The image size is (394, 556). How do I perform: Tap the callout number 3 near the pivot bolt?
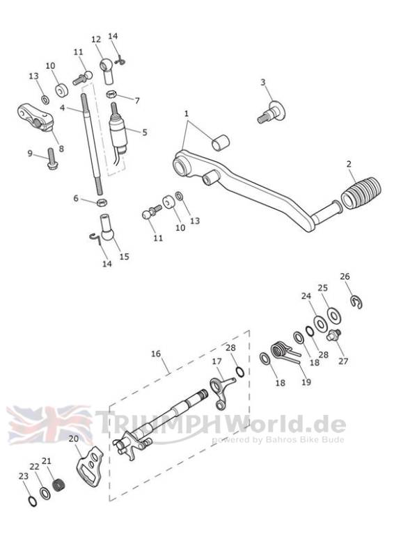point(262,82)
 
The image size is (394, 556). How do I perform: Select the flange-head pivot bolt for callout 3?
point(271,112)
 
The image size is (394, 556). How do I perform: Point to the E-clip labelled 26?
point(356,302)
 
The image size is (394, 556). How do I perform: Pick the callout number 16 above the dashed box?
point(156,354)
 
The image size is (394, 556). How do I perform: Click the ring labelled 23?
point(32,501)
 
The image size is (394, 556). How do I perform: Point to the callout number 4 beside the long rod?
point(63,108)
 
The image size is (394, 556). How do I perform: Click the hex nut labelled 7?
point(111,95)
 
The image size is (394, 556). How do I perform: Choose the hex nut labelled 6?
point(102,203)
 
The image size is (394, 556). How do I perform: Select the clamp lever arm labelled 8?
point(36,117)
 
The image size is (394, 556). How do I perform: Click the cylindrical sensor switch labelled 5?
point(118,131)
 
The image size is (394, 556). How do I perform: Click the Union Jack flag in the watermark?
point(49,425)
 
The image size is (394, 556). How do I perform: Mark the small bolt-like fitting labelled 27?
point(333,335)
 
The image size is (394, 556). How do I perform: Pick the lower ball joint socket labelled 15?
point(107,228)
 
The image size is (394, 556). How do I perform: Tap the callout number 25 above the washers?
point(322,288)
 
